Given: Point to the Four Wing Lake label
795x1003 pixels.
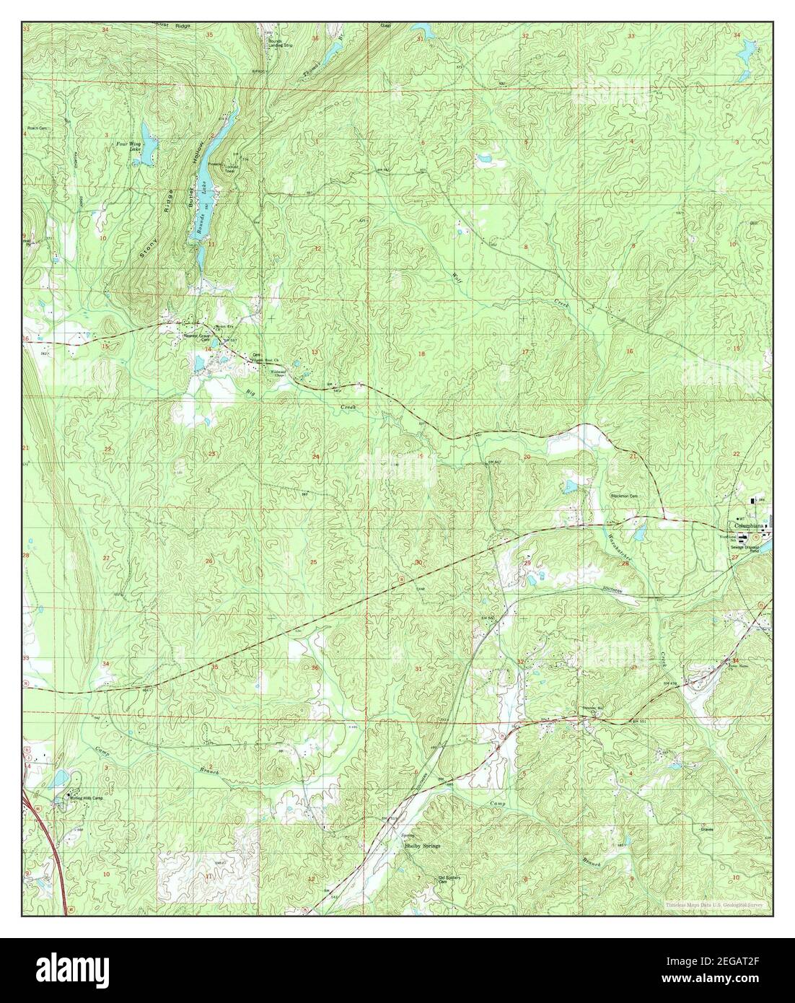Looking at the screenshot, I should tap(131, 146).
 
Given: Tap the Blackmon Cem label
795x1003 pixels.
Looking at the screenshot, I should tap(625, 496).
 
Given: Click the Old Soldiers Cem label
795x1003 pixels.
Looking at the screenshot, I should tap(454, 879).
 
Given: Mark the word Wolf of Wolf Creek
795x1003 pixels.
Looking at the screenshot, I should tap(455, 277).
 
